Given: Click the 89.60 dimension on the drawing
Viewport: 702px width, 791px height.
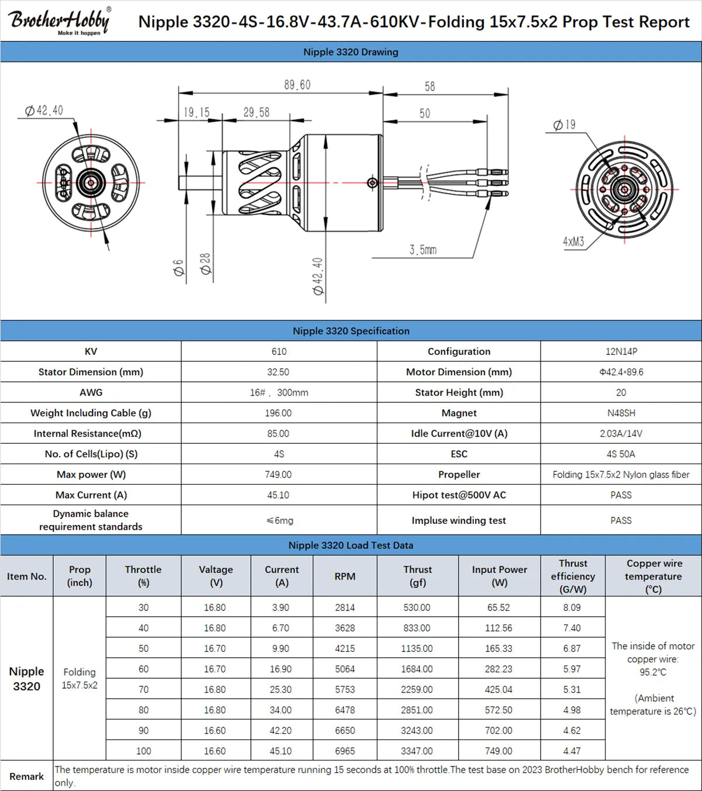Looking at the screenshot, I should pos(297,85).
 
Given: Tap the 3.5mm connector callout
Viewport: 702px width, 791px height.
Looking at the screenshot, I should pos(422,250).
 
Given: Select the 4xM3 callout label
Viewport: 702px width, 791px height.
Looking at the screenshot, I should pos(573,241).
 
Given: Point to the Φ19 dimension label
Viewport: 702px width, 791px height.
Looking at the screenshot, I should pos(565,125).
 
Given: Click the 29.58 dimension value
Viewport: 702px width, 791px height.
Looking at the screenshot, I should pos(256,112).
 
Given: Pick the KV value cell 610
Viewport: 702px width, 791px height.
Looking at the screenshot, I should pos(279,351).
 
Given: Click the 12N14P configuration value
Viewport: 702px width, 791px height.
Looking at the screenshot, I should pos(621,351).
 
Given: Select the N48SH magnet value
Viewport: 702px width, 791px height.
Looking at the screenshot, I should pos(621,413).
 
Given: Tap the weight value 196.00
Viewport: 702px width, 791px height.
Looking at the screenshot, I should pos(278,413).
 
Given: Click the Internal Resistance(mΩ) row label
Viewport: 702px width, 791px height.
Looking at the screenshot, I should pos(91,433).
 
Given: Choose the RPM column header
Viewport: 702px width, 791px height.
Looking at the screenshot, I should pos(345,576).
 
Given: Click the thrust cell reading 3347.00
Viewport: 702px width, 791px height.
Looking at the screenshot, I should pos(417,751).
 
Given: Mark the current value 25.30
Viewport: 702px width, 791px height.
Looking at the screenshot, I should pos(281,689).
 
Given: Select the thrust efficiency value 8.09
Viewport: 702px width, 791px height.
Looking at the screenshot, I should pos(572,607).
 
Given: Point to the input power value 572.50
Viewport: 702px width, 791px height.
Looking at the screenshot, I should pos(498,710).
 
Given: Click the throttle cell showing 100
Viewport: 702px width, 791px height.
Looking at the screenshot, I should pos(143,751).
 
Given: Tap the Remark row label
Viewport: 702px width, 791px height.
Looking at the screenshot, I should pos(26,776).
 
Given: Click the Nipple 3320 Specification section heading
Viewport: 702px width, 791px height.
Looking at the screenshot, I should pos(351,331).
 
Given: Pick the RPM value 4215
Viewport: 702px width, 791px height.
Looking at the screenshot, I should pos(345,648).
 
